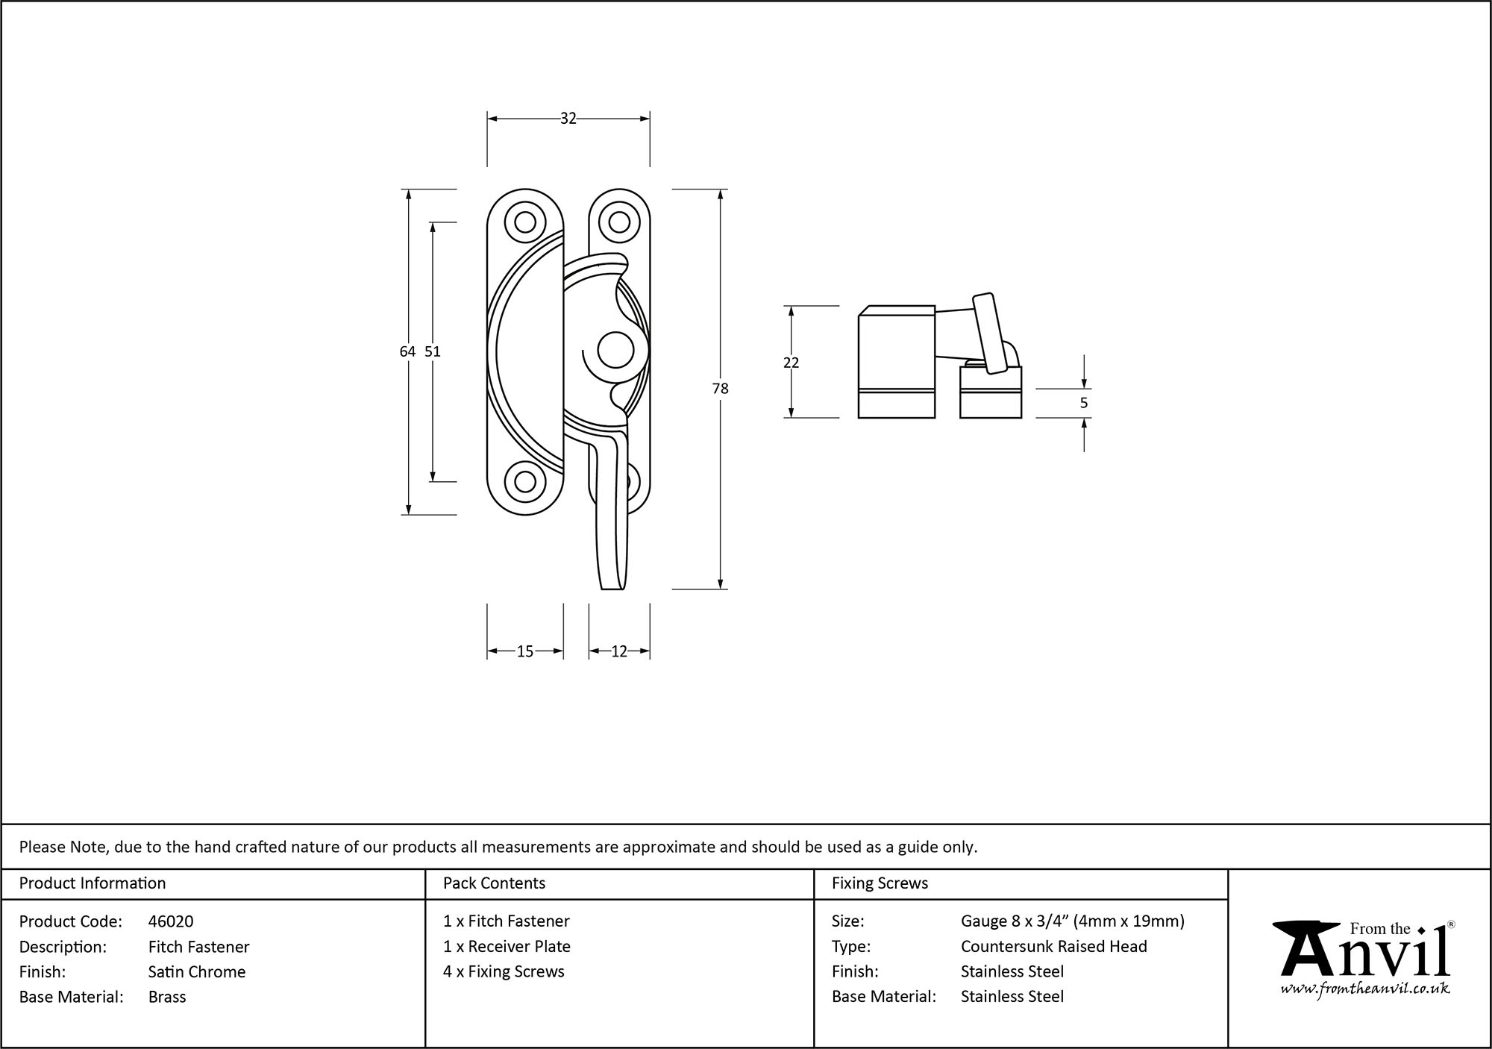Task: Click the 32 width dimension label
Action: pyautogui.click(x=568, y=119)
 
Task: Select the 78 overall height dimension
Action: pyautogui.click(x=720, y=389)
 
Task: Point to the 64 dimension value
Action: pyautogui.click(x=407, y=351)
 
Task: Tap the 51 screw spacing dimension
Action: pyautogui.click(x=433, y=351)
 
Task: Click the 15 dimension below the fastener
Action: pyautogui.click(x=525, y=652)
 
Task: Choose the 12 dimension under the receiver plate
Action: pyautogui.click(x=619, y=652)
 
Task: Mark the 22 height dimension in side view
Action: pyautogui.click(x=792, y=363)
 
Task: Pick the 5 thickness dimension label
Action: pyautogui.click(x=1084, y=403)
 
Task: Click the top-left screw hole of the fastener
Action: pyautogui.click(x=524, y=222)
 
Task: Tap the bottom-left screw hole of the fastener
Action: pyautogui.click(x=524, y=482)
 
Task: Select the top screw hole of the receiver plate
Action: pyautogui.click(x=618, y=222)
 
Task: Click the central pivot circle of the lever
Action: pyautogui.click(x=615, y=351)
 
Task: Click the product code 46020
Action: pyautogui.click(x=171, y=921)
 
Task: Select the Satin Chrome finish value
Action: pyautogui.click(x=197, y=971)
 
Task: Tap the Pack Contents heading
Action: pyautogui.click(x=494, y=883)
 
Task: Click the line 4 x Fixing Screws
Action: pyautogui.click(x=504, y=971)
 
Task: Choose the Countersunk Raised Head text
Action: pyautogui.click(x=1053, y=946)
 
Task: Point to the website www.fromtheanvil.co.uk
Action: pyautogui.click(x=1365, y=989)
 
